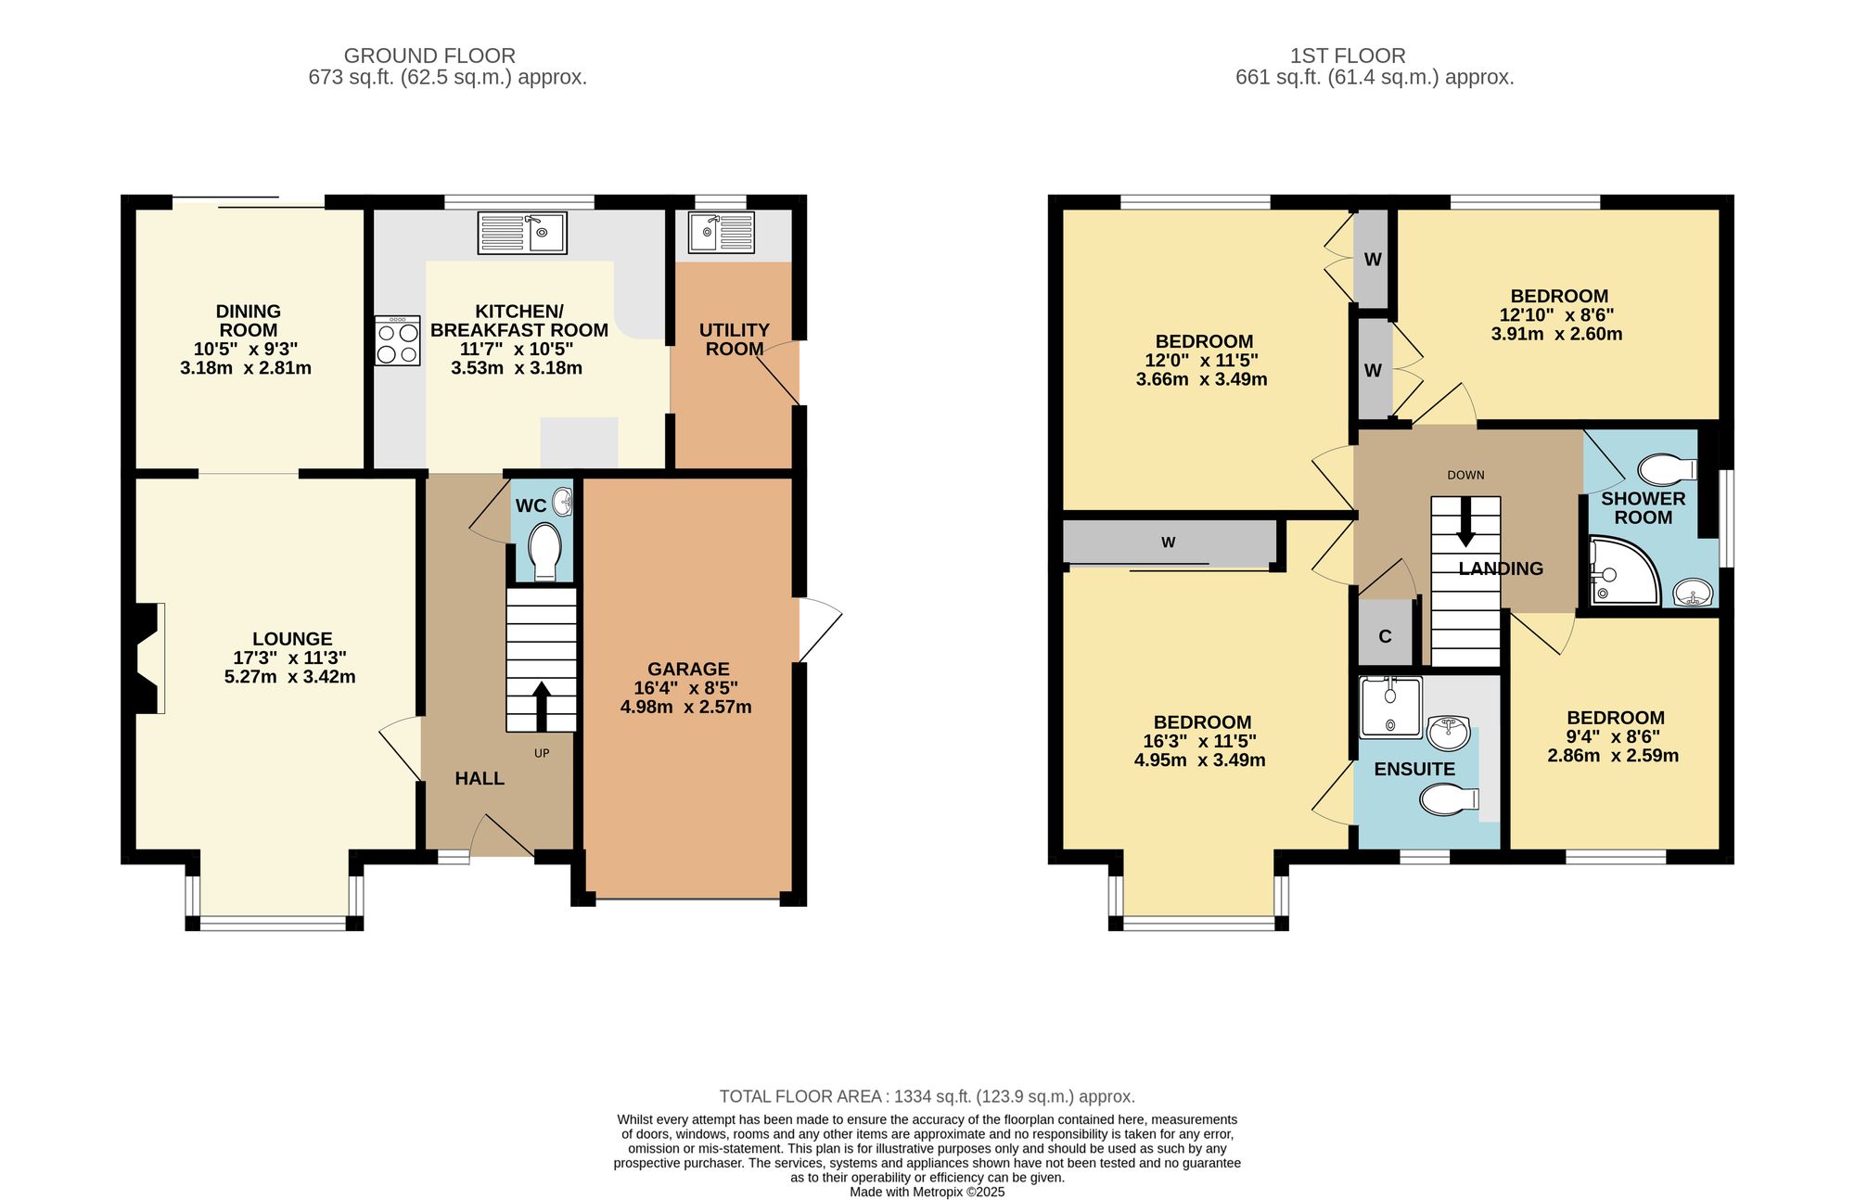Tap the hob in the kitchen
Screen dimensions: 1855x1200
pos(398,340)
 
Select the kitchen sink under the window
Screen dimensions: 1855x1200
pos(522,233)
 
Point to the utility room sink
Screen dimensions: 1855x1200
pos(721,233)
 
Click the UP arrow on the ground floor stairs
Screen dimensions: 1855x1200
pos(541,707)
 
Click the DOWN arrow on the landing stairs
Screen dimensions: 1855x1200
pos(1465,522)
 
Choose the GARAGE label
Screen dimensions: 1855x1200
pos(688,669)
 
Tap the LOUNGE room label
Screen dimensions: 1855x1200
pos(292,639)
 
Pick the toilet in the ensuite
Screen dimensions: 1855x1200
pos(1450,798)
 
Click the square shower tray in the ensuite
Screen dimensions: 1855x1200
pos(1390,707)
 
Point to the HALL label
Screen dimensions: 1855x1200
pos(480,779)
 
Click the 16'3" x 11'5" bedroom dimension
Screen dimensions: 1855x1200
pos(1200,742)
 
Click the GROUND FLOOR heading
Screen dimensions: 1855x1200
pos(429,56)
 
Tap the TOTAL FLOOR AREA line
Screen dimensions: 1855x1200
pos(927,1096)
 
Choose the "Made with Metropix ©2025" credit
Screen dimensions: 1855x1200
pos(927,1193)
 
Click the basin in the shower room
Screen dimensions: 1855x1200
pos(1695,592)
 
